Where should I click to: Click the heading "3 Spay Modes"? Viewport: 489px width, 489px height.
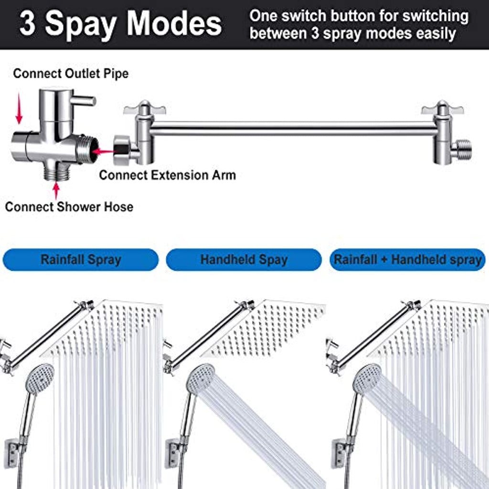tap(120, 24)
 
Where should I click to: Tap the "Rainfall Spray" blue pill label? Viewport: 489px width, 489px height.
tap(80, 259)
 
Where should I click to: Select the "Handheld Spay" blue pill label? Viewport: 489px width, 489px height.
tap(244, 259)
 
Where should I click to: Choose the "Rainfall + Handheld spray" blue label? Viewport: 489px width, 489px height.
tap(408, 259)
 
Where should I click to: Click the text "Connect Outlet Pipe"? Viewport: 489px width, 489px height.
tap(71, 74)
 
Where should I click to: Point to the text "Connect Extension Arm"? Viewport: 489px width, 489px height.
tap(168, 175)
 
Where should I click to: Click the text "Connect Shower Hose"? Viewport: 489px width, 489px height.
tap(69, 207)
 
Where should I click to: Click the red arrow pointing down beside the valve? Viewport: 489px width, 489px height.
tap(19, 108)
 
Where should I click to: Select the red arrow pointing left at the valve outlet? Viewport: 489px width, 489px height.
tap(103, 152)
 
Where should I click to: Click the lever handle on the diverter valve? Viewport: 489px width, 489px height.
tap(83, 100)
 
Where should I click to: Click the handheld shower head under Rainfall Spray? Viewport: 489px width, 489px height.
tap(39, 379)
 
